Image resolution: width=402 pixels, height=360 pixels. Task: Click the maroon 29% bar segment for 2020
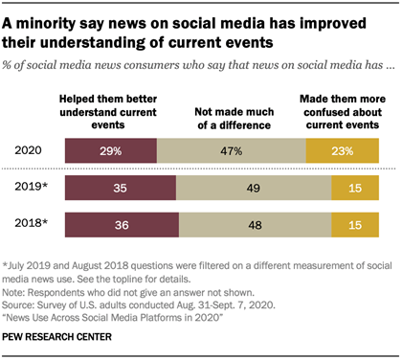[110, 150]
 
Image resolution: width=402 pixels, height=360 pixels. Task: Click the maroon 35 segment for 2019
[119, 190]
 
